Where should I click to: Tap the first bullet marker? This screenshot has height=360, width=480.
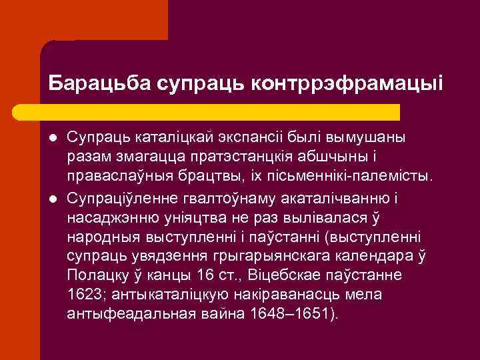pos(52,138)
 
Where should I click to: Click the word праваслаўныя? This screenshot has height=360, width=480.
pos(121,177)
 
